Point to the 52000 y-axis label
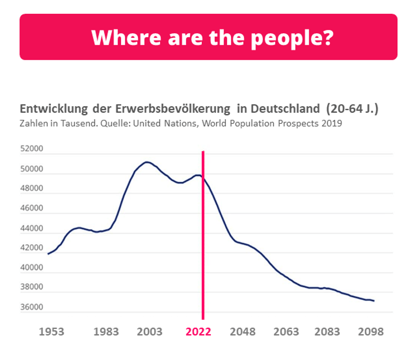point(32,150)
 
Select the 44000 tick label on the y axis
point(32,228)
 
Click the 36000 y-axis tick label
point(32,307)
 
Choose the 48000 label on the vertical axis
point(32,189)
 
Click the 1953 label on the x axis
point(51,332)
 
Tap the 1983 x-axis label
point(106,332)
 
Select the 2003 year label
point(150,332)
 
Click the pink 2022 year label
point(198,332)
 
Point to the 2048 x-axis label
point(243,332)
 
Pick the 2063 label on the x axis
point(286,332)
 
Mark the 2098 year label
point(371,332)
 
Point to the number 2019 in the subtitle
point(331,123)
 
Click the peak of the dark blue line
point(147,162)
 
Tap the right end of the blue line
point(374,300)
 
